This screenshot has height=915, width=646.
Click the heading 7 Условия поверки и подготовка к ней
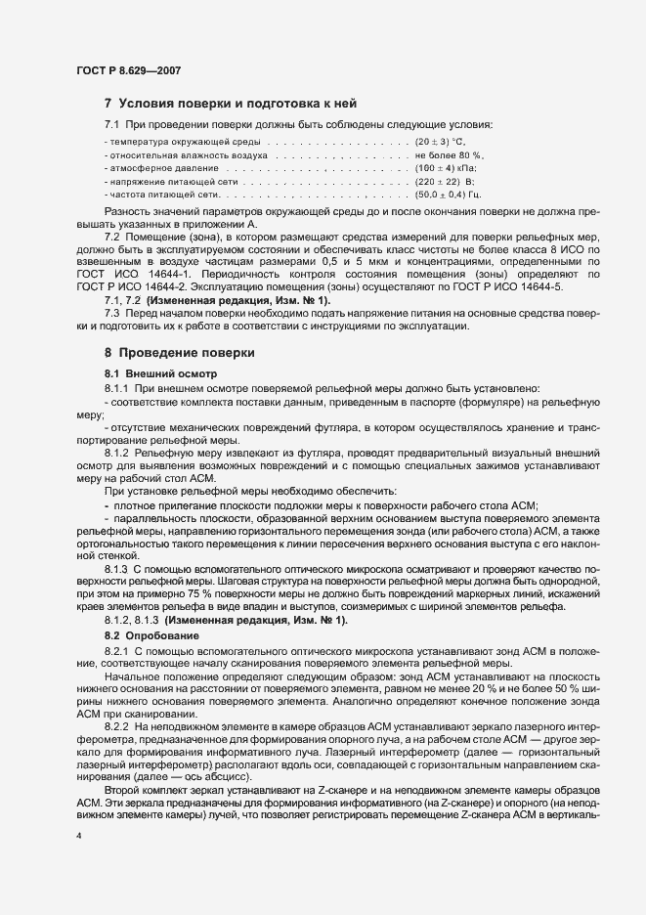click(230, 104)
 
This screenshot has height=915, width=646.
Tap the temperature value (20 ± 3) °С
click(444, 143)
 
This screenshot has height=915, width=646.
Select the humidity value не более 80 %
click(450, 155)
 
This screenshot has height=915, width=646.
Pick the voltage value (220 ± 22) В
click(445, 181)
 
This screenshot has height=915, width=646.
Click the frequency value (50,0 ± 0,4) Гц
click(449, 195)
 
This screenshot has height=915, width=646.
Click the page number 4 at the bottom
click(79, 837)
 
